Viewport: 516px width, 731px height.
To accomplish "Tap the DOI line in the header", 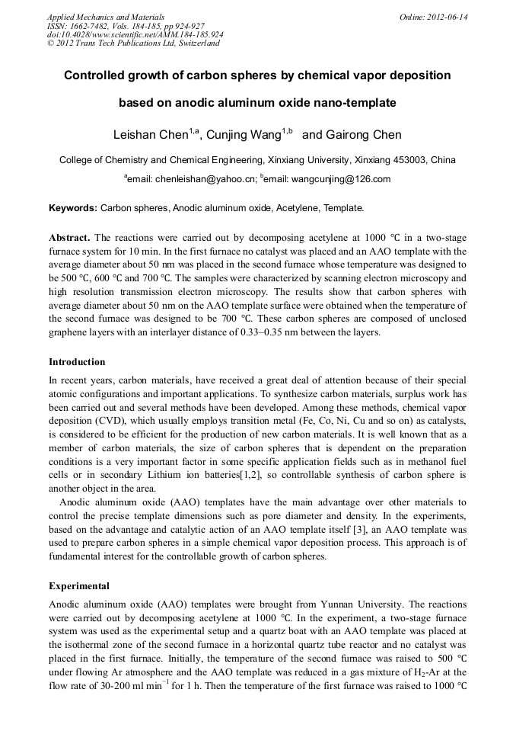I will [135, 34].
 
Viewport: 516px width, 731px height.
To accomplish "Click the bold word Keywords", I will [73, 207].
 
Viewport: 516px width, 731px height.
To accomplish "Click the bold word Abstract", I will [69, 238].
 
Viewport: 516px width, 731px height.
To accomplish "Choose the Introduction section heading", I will [77, 361].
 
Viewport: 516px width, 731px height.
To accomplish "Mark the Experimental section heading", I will [79, 586].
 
